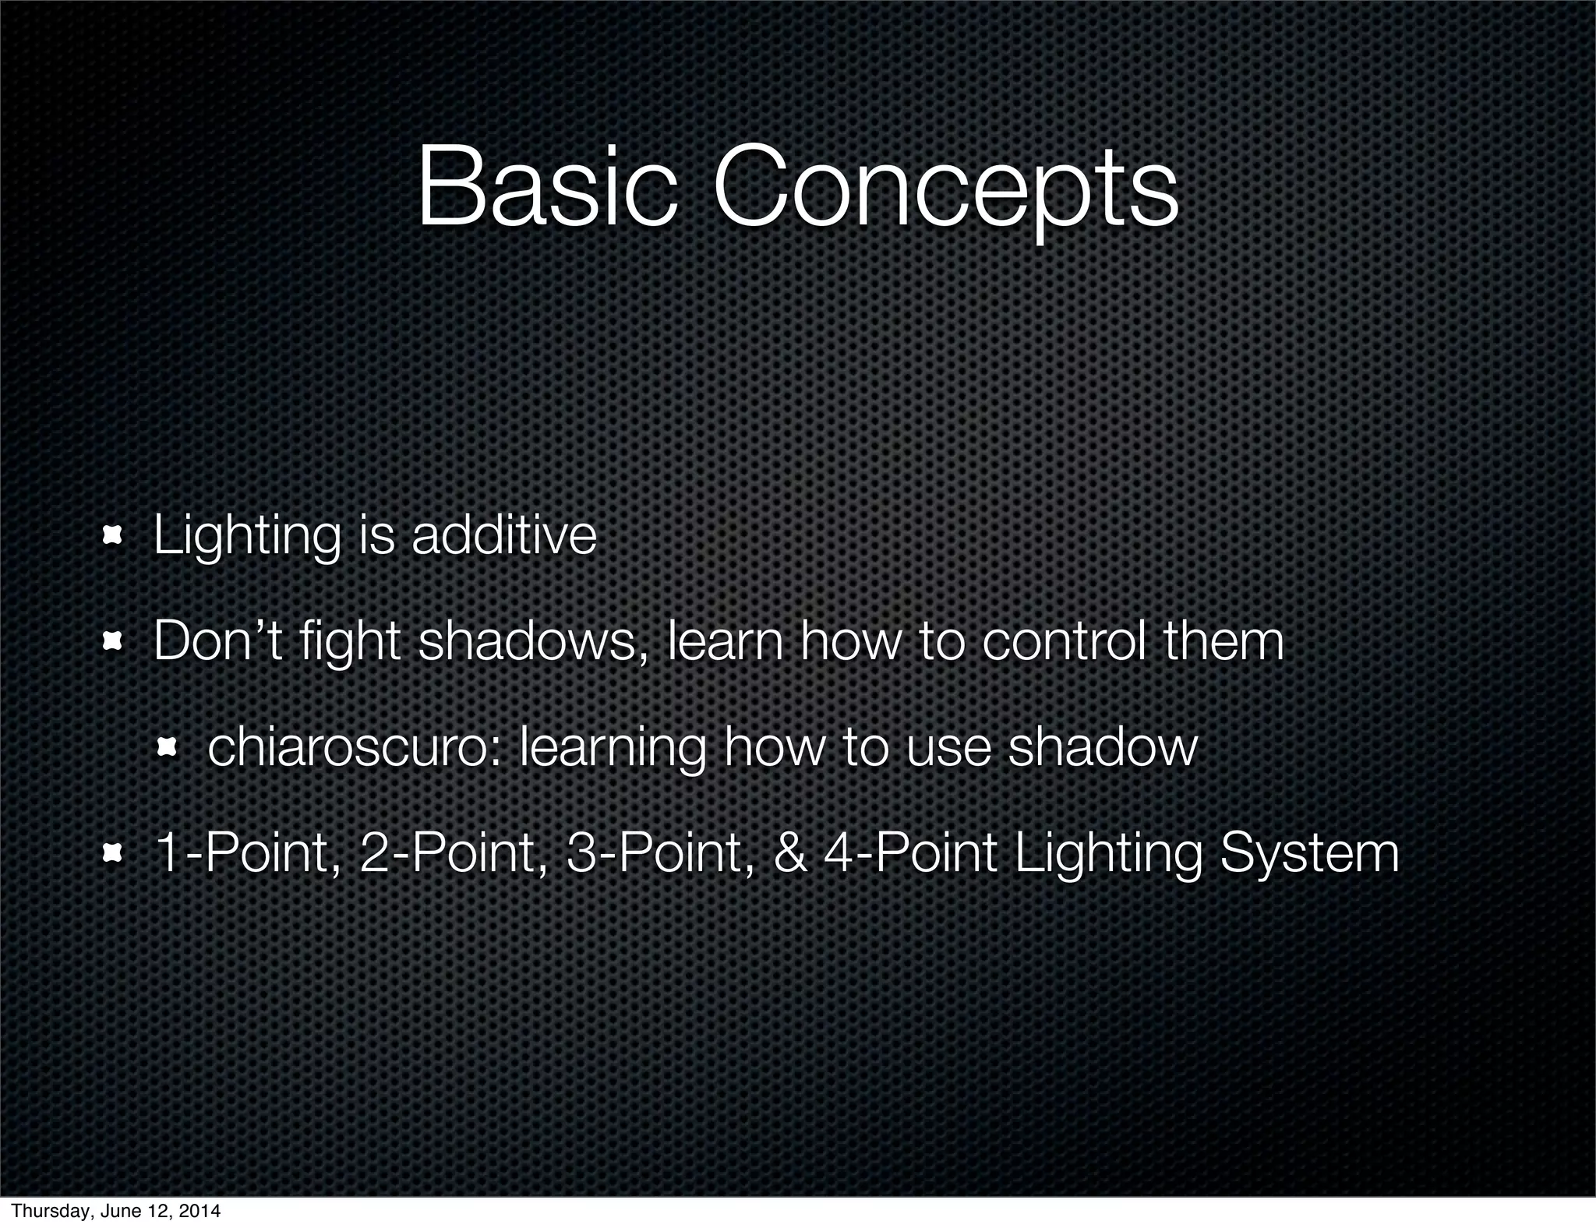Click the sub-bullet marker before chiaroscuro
(167, 748)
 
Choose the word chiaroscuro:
(354, 748)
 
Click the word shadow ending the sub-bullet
(1102, 748)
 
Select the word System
(1309, 855)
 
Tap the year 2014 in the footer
(200, 1211)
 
